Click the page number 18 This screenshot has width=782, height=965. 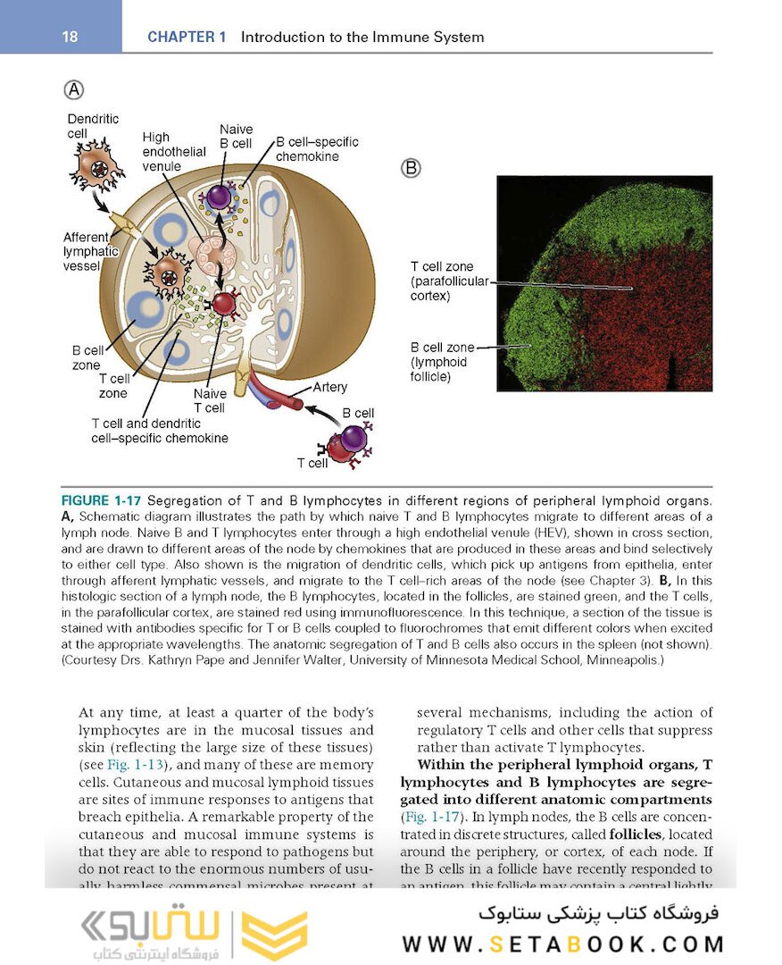pyautogui.click(x=70, y=38)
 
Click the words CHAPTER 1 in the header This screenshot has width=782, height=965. pyautogui.click(x=187, y=38)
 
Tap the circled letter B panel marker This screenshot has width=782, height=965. pyautogui.click(x=412, y=168)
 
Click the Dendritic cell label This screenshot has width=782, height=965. pyautogui.click(x=93, y=126)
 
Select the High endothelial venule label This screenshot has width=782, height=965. pyautogui.click(x=174, y=152)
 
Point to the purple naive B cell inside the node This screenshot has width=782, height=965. pyautogui.click(x=219, y=197)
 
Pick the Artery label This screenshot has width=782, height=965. pyautogui.click(x=330, y=388)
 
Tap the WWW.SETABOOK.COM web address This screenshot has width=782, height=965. pyautogui.click(x=562, y=944)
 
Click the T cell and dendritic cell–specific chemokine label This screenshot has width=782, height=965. pyautogui.click(x=159, y=431)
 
